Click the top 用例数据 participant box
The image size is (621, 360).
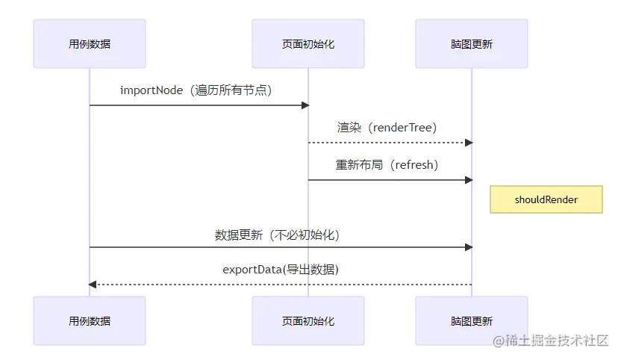(90, 44)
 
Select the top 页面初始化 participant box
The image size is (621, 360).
(308, 44)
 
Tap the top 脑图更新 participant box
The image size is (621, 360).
(472, 44)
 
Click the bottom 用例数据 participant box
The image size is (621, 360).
(90, 320)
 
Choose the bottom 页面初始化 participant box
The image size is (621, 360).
(308, 320)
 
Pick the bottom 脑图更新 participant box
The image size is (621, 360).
(472, 320)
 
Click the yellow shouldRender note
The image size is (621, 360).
(546, 199)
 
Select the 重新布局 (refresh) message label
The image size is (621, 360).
(387, 165)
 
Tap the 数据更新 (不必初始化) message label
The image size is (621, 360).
(277, 235)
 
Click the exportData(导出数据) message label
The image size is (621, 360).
(280, 270)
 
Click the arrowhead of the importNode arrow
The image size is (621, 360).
(305, 105)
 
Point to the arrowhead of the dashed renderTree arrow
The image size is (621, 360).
(468, 143)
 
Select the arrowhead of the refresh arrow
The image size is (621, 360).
(468, 180)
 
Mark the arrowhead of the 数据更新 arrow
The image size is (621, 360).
(468, 247)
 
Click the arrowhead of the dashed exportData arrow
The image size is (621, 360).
(93, 285)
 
